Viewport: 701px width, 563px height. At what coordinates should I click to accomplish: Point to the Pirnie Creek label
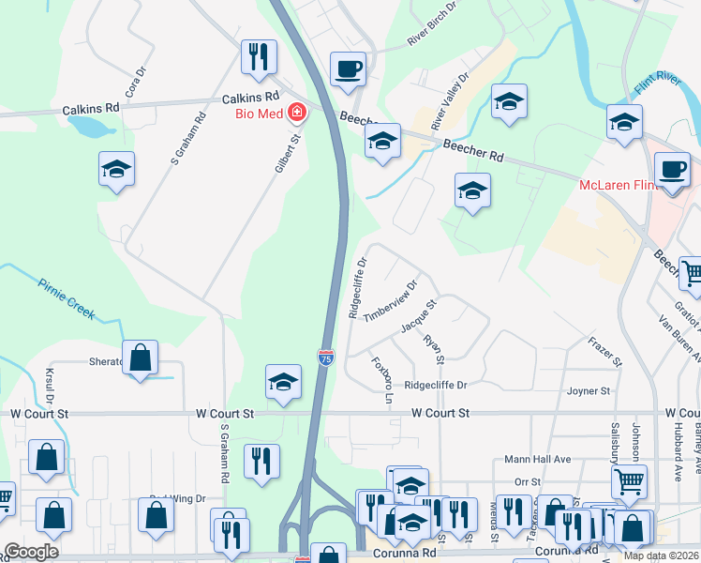[x=67, y=299]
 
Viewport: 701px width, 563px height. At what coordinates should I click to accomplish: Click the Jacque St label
[x=419, y=316]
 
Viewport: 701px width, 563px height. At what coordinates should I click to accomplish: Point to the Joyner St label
[x=589, y=390]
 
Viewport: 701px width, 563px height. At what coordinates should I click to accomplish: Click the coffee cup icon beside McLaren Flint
[x=671, y=170]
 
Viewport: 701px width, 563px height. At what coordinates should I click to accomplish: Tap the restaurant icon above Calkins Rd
[x=257, y=56]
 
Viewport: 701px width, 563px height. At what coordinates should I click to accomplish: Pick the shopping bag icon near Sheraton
[x=140, y=358]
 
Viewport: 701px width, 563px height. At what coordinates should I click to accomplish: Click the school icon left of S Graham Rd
[x=116, y=170]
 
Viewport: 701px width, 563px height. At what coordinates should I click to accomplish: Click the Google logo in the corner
[x=31, y=552]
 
